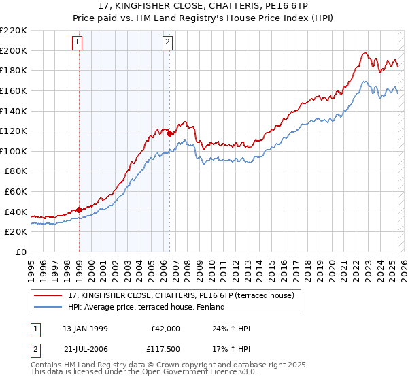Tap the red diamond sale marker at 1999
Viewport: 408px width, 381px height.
pyautogui.click(x=79, y=210)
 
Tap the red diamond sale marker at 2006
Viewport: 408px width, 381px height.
pyautogui.click(x=169, y=134)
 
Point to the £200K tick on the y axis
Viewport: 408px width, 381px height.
pyautogui.click(x=14, y=50)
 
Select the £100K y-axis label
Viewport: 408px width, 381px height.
pyautogui.click(x=14, y=151)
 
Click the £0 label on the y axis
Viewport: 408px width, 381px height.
pyautogui.click(x=22, y=252)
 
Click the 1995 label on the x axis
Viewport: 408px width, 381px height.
pyautogui.click(x=31, y=266)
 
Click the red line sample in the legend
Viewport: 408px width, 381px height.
pyautogui.click(x=48, y=296)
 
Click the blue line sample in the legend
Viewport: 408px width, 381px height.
pyautogui.click(x=48, y=308)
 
